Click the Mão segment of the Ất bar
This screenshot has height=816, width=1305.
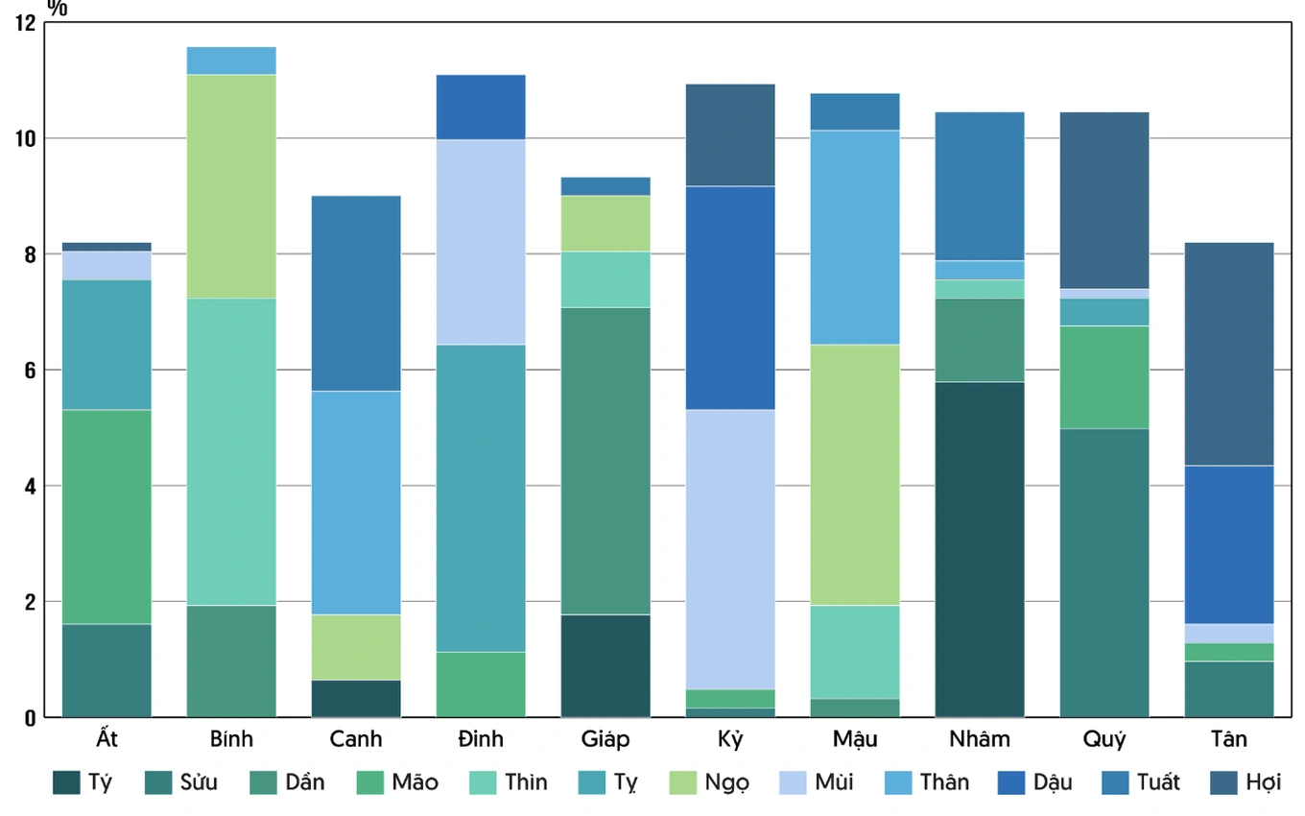click(107, 516)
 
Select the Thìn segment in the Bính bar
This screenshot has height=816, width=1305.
click(231, 451)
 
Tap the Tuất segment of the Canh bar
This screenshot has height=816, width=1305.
click(356, 293)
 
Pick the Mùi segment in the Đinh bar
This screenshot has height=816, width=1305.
click(481, 242)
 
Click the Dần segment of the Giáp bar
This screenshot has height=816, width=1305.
click(605, 461)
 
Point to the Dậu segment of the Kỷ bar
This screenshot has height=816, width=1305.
click(730, 298)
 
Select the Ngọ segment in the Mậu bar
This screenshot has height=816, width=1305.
click(855, 474)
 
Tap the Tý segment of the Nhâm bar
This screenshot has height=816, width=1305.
click(980, 549)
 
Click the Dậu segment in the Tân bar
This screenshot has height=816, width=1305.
click(1229, 544)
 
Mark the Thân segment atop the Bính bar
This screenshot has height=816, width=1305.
click(231, 60)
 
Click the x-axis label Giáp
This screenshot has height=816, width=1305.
click(605, 740)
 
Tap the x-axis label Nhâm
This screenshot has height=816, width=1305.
click(980, 740)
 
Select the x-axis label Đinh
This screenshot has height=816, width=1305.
click(481, 740)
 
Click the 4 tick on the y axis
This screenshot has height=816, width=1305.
click(28, 487)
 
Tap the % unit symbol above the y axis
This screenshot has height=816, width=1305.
click(57, 9)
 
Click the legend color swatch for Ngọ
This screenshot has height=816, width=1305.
click(682, 782)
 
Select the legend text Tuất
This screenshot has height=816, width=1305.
click(1158, 782)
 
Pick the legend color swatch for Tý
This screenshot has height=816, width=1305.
click(66, 782)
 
